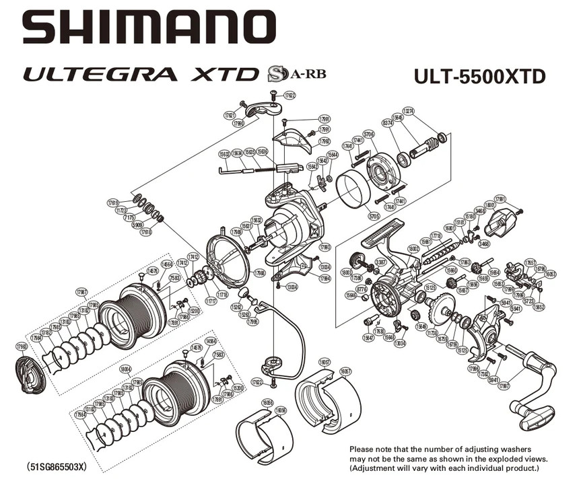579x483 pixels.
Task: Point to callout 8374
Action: click(x=387, y=123)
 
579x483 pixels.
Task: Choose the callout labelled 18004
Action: click(x=125, y=370)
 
